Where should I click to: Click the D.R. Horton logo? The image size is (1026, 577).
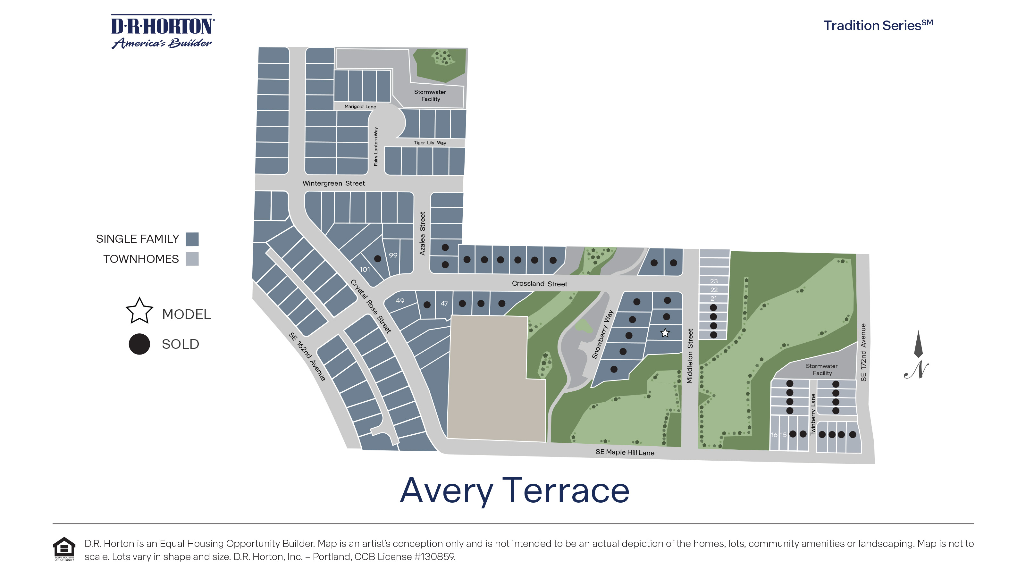[163, 32]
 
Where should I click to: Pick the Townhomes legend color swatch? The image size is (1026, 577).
[192, 259]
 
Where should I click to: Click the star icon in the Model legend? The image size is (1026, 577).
[139, 311]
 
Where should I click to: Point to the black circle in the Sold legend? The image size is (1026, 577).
[139, 344]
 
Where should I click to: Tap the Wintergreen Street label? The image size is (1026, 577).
[333, 183]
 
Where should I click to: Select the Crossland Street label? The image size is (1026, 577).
[539, 283]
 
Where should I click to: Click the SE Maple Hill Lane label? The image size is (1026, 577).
[625, 452]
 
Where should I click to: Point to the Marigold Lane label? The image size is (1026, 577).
[360, 106]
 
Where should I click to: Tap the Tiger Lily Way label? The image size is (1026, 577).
[430, 143]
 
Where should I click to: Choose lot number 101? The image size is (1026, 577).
[365, 270]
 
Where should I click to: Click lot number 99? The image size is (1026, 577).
[393, 255]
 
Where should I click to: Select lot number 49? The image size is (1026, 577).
[400, 301]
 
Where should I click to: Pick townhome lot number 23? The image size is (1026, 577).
[714, 281]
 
